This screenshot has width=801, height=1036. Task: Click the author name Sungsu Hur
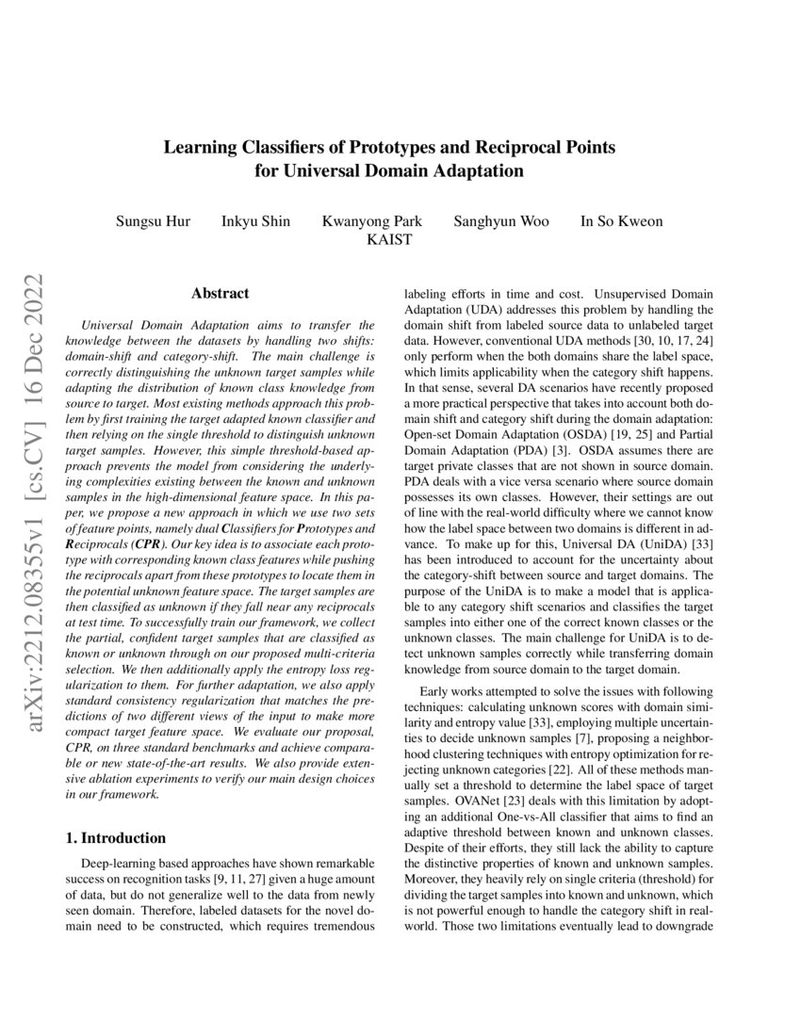(153, 221)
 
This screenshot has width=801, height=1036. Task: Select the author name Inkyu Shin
(255, 221)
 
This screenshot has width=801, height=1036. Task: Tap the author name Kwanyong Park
(372, 221)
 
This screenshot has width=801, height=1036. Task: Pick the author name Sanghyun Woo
(501, 221)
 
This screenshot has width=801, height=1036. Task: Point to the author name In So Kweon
(621, 221)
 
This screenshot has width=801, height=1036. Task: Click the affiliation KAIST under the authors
(389, 240)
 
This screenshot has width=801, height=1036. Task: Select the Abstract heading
(220, 294)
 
